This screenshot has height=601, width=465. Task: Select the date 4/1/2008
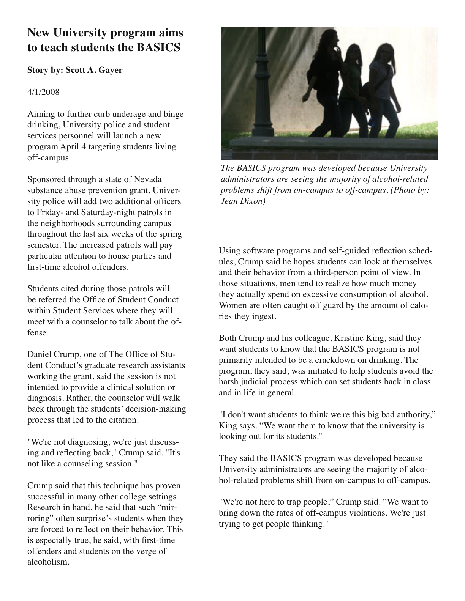tap(43, 92)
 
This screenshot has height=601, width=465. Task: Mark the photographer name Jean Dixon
tap(243, 201)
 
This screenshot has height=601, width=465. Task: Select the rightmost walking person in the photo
tap(384, 91)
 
